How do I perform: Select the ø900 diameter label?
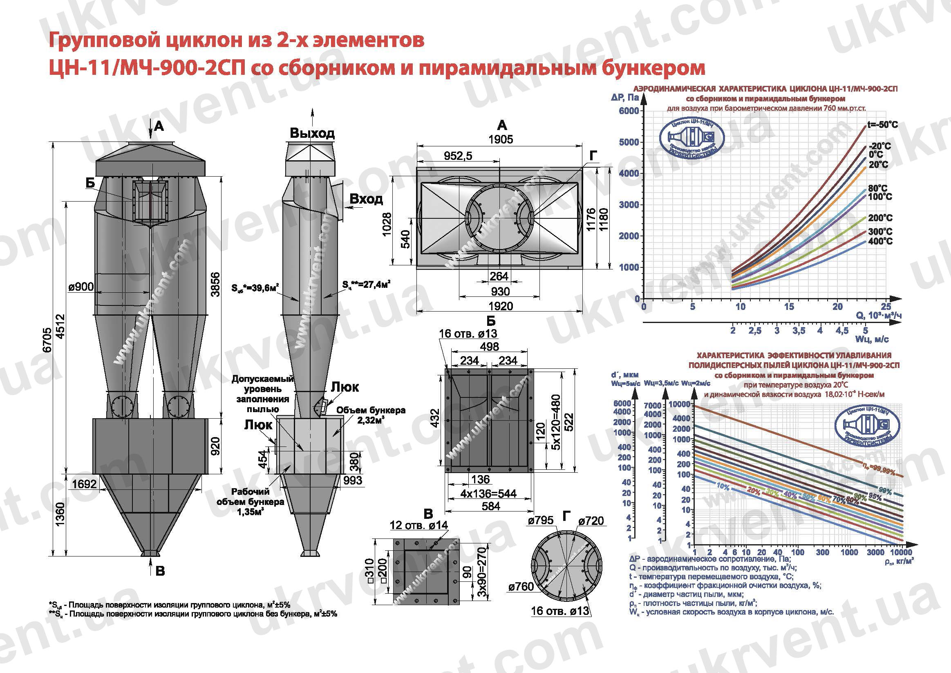[81, 287]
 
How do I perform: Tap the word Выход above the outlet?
[312, 133]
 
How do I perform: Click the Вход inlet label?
[366, 199]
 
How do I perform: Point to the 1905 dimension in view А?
[500, 139]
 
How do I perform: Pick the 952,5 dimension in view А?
[458, 156]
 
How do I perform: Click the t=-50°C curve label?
[882, 125]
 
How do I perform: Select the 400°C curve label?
[881, 241]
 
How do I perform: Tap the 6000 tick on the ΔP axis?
[629, 111]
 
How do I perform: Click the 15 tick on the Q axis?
[789, 307]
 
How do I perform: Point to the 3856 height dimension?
[215, 284]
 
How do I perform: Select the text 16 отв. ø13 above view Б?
[468, 334]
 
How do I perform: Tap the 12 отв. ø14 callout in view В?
[419, 525]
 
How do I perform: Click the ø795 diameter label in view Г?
[541, 520]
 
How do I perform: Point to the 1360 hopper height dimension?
[60, 514]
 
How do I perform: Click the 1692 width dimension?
[84, 484]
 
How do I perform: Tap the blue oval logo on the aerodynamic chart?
[692, 142]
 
